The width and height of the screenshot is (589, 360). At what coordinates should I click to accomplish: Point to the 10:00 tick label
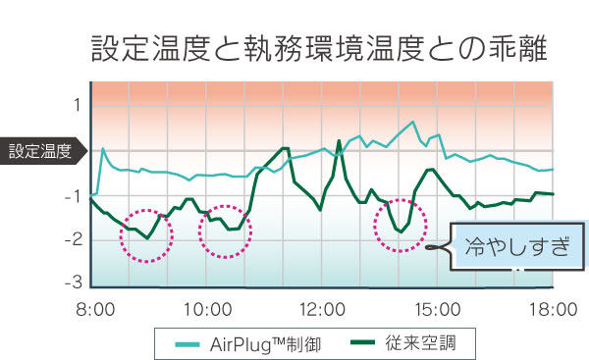click(x=207, y=310)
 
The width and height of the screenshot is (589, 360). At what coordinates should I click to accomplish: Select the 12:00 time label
click(x=323, y=310)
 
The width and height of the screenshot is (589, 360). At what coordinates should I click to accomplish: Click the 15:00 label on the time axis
click(x=438, y=310)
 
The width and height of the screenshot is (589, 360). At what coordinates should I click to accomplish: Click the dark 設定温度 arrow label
click(x=41, y=151)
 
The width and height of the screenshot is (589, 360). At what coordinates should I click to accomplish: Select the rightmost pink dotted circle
click(x=402, y=225)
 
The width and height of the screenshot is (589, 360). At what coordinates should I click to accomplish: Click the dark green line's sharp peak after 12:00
click(x=339, y=141)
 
